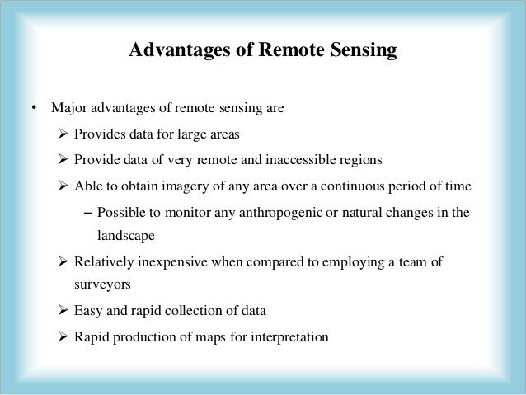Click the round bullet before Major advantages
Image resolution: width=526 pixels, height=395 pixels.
[33, 108]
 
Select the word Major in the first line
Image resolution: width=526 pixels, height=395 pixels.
[67, 108]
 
